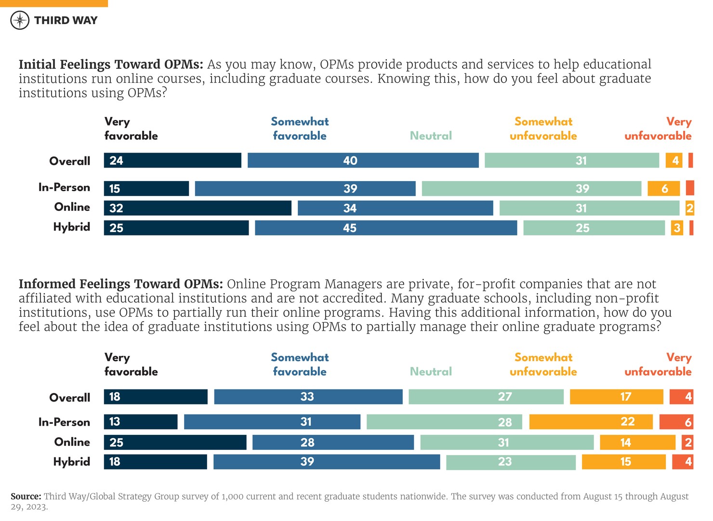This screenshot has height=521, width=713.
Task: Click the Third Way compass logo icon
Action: [20, 20]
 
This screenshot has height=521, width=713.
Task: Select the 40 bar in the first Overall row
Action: [363, 160]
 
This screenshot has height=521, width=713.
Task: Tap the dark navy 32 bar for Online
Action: [198, 208]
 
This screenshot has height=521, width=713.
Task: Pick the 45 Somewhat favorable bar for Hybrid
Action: [385, 228]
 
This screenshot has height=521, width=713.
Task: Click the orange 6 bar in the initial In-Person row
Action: [663, 188]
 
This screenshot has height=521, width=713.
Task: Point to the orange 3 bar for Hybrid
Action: [677, 228]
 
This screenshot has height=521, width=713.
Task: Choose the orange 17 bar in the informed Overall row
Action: [616, 397]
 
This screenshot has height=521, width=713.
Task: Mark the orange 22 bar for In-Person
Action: [591, 422]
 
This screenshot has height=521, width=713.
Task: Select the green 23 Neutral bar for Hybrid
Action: [511, 462]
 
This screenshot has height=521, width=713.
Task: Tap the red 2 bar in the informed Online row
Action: [687, 442]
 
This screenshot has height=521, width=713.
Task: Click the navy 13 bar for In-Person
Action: [141, 422]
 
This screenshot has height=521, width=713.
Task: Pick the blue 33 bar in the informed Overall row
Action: [308, 397]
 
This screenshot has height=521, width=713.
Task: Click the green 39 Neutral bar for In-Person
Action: [531, 188]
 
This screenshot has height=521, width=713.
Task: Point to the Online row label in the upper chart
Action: [72, 207]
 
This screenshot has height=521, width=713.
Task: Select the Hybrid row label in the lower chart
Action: [72, 462]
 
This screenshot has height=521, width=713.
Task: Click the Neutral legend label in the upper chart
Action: [431, 136]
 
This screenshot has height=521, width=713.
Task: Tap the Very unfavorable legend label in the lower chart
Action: [658, 365]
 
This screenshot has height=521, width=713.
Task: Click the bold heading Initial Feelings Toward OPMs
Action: [111, 65]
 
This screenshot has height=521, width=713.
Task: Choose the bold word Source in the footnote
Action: [26, 496]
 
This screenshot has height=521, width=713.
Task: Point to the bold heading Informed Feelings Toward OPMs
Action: [120, 284]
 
